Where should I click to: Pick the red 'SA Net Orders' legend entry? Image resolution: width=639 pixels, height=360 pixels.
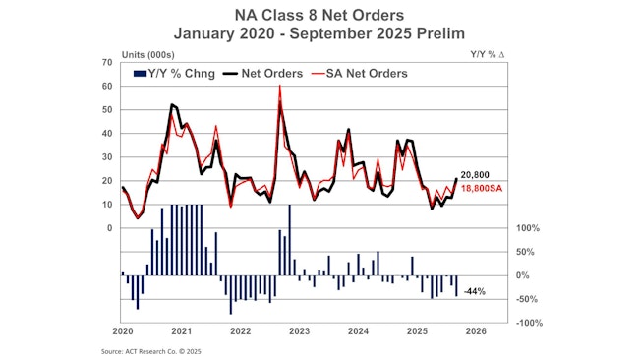tap(360, 72)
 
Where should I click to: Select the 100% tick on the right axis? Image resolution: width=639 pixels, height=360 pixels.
tap(527, 228)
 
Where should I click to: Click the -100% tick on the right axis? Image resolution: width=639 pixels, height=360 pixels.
tap(528, 323)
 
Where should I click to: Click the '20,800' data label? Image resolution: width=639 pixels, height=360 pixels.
tap(475, 174)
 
